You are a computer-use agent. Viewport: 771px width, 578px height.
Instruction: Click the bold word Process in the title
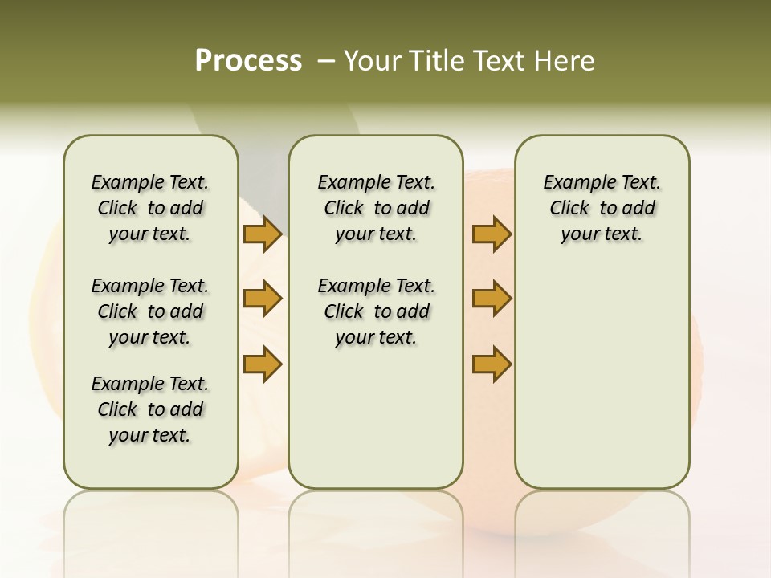[x=248, y=61]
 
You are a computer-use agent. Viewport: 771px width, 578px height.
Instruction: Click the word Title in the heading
[x=433, y=61]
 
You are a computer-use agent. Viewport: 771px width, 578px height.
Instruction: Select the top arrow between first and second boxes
[x=263, y=234]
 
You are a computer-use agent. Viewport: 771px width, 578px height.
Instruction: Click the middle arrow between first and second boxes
[x=263, y=299]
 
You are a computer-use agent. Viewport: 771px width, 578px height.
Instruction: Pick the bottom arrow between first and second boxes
[x=263, y=364]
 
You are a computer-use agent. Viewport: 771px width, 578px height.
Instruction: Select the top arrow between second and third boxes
[x=492, y=234]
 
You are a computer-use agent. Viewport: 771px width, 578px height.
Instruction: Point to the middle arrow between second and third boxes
[x=492, y=299]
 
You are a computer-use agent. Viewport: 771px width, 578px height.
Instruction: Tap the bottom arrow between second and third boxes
[x=492, y=364]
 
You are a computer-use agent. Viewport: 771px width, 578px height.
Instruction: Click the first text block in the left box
[x=150, y=208]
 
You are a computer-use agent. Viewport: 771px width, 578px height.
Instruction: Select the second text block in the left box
[x=150, y=311]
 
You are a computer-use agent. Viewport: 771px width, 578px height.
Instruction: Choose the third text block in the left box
[x=150, y=409]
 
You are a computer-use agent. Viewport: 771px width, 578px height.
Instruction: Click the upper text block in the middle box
[x=376, y=208]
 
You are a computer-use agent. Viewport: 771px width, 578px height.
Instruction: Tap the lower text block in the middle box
[x=376, y=311]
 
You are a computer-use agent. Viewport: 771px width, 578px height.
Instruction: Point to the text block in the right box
[x=602, y=208]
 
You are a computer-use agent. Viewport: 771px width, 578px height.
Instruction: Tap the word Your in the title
[x=372, y=61]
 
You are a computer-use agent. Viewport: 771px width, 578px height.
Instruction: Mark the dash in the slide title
[x=326, y=61]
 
